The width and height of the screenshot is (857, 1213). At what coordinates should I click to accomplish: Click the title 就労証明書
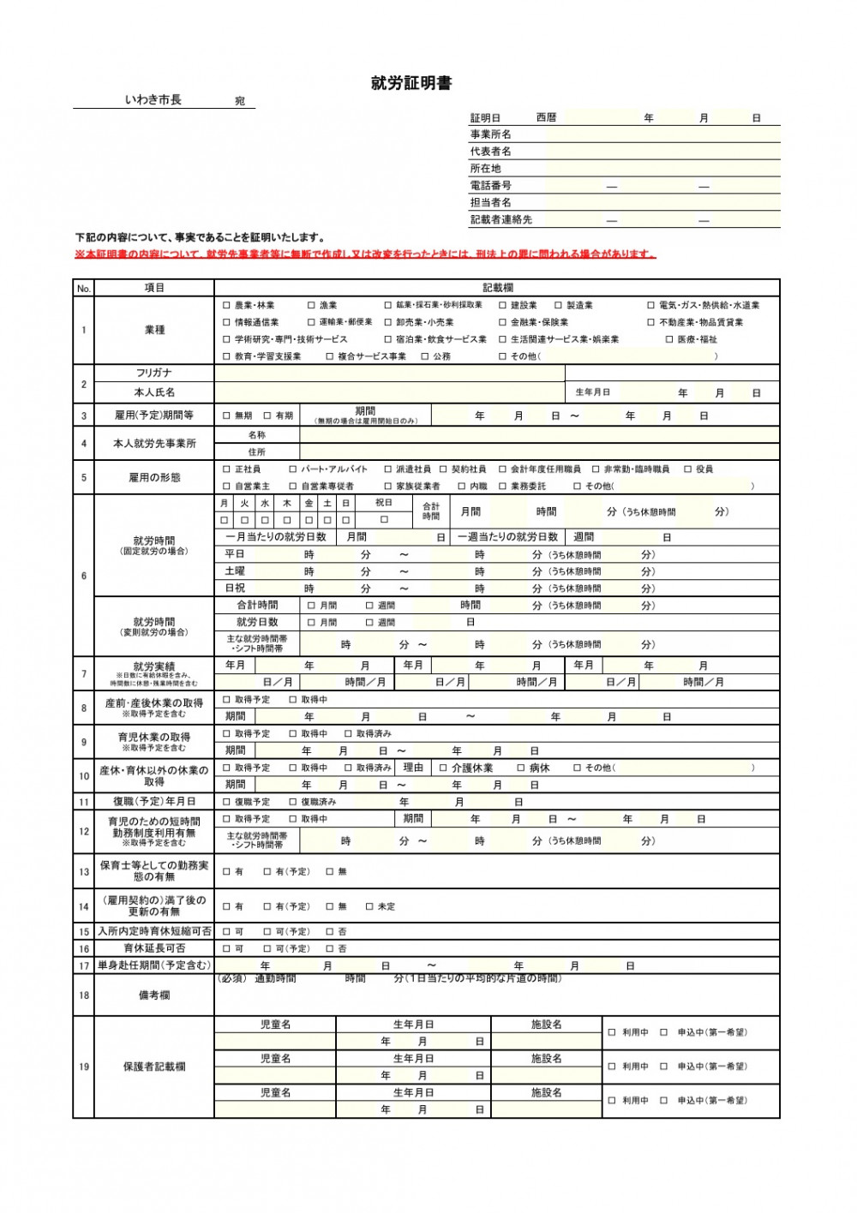coord(411,83)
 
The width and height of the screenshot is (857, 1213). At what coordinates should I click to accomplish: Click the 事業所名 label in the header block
coord(490,134)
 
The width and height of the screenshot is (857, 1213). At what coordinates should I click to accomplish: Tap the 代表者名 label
coord(490,152)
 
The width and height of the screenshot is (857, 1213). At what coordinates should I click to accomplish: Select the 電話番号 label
coord(490,185)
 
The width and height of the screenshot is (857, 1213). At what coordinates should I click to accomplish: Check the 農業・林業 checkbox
coord(227,305)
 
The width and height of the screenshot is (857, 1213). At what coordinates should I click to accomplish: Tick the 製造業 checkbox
coord(559,305)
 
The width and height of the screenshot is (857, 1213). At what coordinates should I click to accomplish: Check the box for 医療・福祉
coord(670,339)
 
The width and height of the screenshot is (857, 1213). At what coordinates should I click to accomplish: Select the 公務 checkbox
coord(425,356)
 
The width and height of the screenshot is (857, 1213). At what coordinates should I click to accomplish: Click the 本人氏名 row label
coord(154,392)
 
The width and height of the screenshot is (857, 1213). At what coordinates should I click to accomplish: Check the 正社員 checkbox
coord(227,469)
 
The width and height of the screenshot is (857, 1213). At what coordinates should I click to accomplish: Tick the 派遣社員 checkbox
coord(388,469)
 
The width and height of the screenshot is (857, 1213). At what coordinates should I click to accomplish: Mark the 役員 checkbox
coord(688,469)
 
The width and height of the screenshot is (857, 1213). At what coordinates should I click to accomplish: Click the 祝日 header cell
coord(384,503)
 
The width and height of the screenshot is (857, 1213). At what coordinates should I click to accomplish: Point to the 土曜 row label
coord(235,571)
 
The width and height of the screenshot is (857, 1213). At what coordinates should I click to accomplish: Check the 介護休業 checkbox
coord(444,768)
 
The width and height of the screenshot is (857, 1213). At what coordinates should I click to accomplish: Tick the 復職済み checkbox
coord(293,803)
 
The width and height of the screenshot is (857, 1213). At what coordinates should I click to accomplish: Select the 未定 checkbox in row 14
coord(370,906)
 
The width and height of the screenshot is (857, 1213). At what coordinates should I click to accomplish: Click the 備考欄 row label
coord(154,995)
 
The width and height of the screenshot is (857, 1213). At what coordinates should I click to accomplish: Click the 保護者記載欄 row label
coord(154,1067)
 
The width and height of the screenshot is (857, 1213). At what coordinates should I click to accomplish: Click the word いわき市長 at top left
coord(153,100)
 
